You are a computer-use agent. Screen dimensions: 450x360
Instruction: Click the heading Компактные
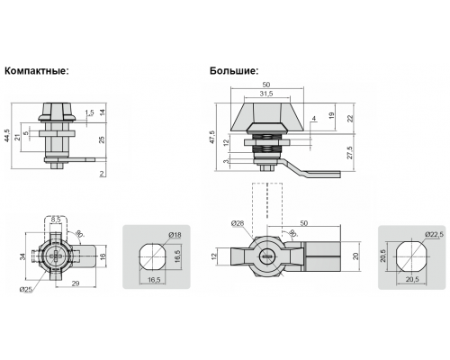37,71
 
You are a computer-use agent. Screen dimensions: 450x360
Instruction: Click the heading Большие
234,71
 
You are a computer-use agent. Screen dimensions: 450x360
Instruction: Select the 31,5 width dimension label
266,94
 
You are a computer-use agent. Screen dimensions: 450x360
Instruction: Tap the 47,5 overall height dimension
212,137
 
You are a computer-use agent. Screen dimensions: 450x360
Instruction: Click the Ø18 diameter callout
175,235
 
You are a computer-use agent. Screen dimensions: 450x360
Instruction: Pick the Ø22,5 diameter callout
435,234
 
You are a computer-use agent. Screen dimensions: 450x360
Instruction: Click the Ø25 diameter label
25,290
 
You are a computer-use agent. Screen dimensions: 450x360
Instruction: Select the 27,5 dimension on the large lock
350,153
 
